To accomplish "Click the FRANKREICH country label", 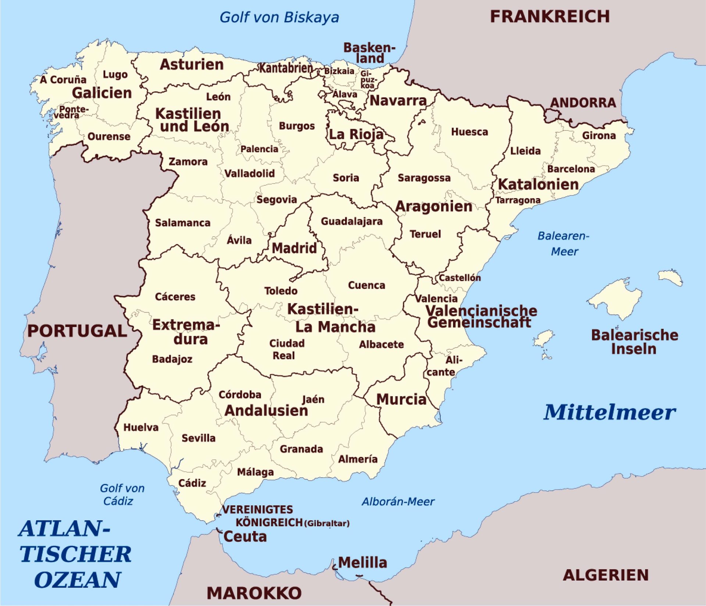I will point(550,17).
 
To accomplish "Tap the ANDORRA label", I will point(583,103).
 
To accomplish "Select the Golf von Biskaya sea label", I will point(279,17).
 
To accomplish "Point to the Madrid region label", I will point(294,248).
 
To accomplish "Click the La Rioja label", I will point(356,135).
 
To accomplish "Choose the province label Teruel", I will point(425,234).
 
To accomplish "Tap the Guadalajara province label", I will point(352,221).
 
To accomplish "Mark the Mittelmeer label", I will point(609,412).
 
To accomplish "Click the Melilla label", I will point(363,563).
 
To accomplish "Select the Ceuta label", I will point(245,537).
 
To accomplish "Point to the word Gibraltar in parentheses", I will point(327,523).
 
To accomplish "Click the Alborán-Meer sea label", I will point(398,502).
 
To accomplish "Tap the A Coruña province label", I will point(63,80).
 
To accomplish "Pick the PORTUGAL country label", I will point(77,331).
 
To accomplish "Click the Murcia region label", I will point(401,399).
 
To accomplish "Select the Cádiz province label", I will point(192,483).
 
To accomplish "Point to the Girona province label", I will point(599,136).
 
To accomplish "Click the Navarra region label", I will point(398,100).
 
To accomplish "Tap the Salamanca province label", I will point(182,223).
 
